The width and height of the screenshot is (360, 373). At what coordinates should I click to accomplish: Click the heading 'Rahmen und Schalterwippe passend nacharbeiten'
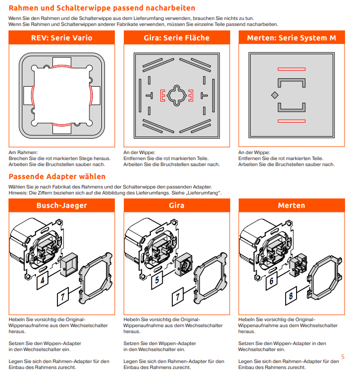pyautogui.click(x=102, y=8)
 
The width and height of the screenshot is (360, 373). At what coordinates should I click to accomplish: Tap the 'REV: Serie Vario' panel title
pyautogui.click(x=62, y=37)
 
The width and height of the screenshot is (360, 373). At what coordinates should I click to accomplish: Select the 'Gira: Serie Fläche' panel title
pyautogui.click(x=177, y=37)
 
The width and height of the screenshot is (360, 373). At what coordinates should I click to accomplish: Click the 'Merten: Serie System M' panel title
pyautogui.click(x=292, y=37)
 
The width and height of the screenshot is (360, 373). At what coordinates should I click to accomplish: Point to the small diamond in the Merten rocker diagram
pyautogui.click(x=275, y=95)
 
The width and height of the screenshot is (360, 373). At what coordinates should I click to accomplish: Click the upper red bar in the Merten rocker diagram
pyautogui.click(x=292, y=69)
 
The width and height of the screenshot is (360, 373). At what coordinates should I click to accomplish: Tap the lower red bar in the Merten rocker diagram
pyautogui.click(x=292, y=121)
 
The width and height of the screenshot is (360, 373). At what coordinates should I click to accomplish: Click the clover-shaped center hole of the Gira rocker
pyautogui.click(x=177, y=95)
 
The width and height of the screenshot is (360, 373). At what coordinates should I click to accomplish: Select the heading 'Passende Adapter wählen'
pyautogui.click(x=57, y=177)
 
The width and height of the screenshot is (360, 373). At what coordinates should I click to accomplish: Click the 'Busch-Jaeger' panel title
pyautogui.click(x=62, y=205)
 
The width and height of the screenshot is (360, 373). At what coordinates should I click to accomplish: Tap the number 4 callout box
pyautogui.click(x=42, y=280)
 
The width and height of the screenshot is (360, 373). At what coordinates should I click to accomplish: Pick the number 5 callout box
pyautogui.click(x=157, y=280)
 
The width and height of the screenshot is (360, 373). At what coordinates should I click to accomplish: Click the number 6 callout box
pyautogui.click(x=272, y=281)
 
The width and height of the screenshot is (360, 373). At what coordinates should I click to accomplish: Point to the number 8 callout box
pyautogui.click(x=291, y=296)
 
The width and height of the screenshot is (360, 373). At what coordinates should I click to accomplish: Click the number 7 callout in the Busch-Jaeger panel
pyautogui.click(x=63, y=297)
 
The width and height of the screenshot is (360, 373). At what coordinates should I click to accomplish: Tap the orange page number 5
pyautogui.click(x=343, y=357)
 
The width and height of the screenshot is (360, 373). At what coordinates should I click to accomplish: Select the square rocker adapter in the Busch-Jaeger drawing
pyautogui.click(x=69, y=264)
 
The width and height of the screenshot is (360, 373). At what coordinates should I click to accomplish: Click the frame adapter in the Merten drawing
pyautogui.click(x=325, y=277)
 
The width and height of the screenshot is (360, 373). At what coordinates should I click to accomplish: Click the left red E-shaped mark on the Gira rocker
pyautogui.click(x=162, y=95)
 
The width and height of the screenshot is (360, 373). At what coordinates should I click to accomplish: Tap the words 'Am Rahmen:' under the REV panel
pyautogui.click(x=23, y=152)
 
